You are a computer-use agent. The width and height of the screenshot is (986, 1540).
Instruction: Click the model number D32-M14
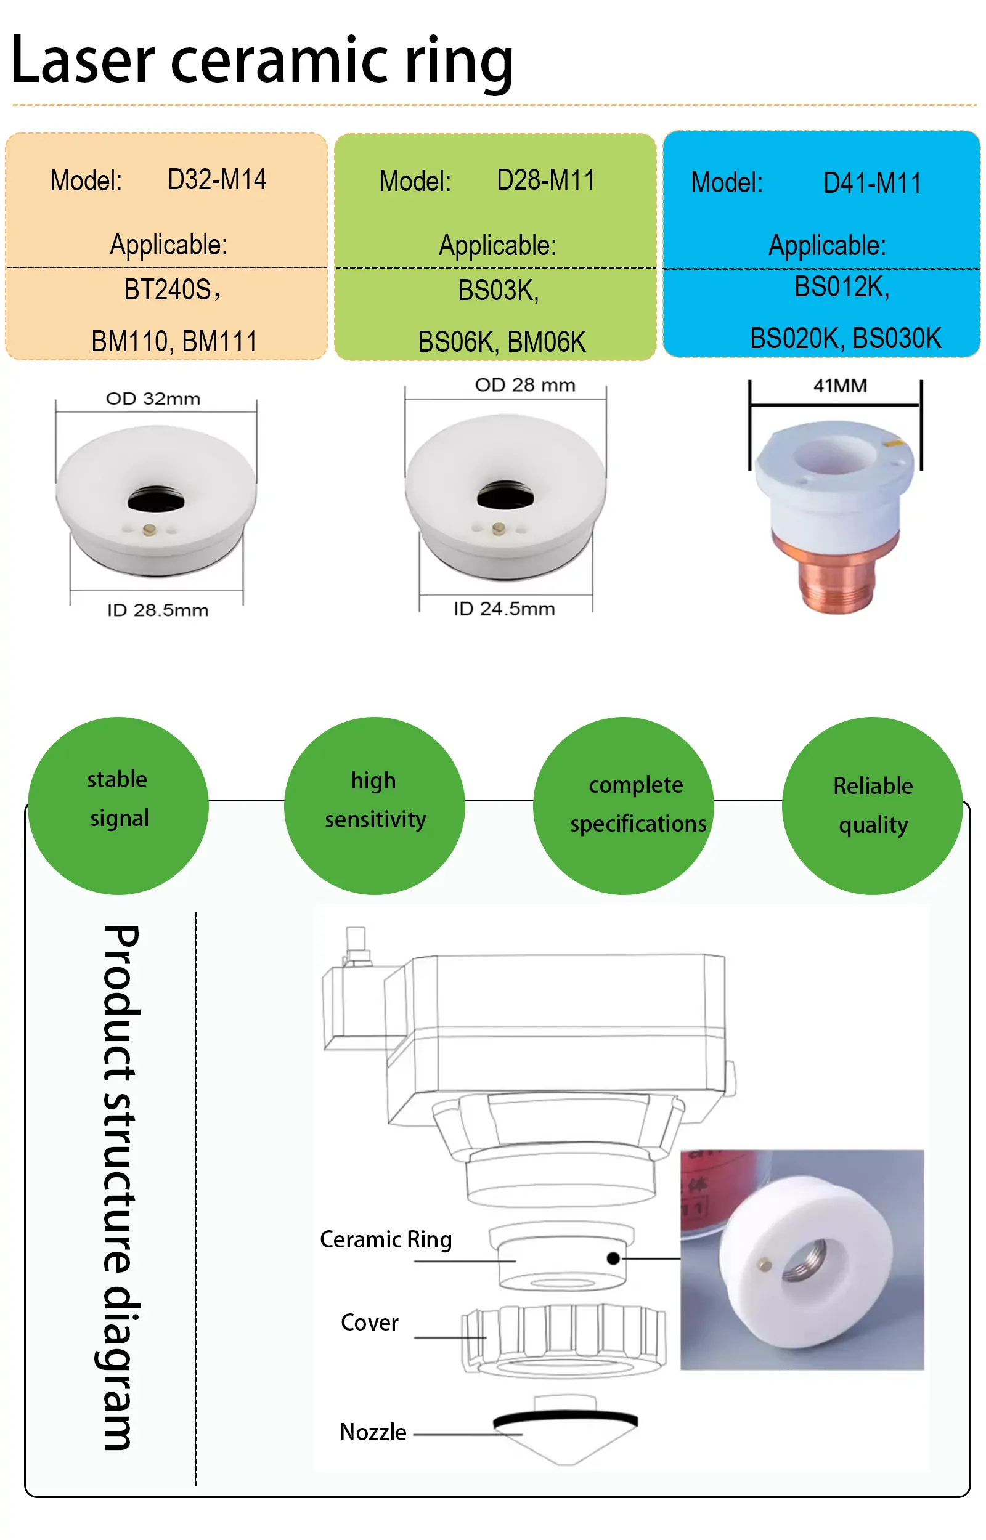(217, 180)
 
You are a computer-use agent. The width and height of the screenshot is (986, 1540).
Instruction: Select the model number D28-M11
(545, 180)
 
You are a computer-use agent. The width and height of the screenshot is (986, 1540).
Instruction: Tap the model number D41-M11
(872, 184)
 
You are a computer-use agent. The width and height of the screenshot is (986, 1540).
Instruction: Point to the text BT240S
(168, 290)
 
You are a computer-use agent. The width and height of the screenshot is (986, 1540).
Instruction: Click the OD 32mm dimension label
(153, 399)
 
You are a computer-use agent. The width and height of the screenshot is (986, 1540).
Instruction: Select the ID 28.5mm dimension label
(158, 610)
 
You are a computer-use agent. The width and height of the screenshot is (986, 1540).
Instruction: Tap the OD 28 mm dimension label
(525, 385)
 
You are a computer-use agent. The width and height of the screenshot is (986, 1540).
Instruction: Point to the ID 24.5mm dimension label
(505, 609)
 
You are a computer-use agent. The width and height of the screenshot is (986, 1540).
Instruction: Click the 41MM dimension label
(840, 386)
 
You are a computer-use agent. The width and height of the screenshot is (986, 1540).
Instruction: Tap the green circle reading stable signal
(118, 806)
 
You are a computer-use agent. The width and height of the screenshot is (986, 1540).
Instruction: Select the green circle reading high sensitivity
(375, 806)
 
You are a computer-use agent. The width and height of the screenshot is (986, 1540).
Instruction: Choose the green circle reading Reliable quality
(873, 806)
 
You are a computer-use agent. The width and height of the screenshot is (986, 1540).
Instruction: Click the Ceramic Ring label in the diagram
(386, 1240)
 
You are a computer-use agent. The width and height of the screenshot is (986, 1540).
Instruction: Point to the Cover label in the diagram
(369, 1323)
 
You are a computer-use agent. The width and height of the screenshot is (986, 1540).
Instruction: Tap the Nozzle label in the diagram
(373, 1432)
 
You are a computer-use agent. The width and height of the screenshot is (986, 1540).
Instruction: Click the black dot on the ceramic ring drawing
(613, 1258)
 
